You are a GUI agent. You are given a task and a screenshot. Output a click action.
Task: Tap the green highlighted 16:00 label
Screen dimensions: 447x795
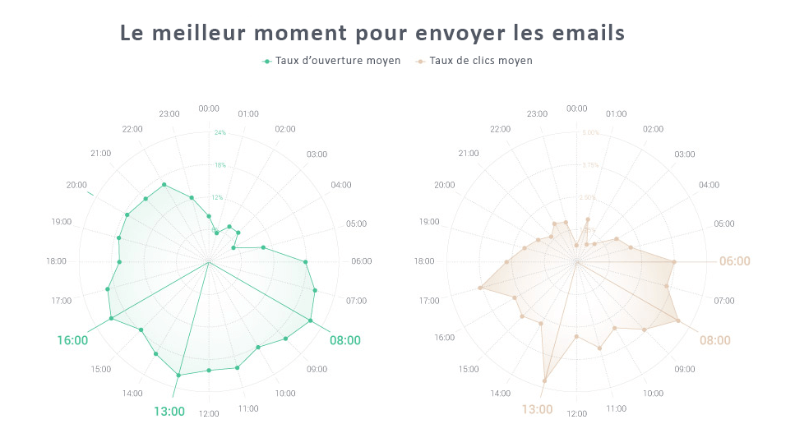[72, 340]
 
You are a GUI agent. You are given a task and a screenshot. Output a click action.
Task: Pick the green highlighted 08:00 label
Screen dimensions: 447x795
[344, 340]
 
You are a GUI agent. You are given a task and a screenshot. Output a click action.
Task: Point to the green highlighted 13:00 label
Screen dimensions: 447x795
[169, 411]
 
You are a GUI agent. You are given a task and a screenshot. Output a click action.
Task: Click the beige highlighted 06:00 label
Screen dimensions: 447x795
[734, 261]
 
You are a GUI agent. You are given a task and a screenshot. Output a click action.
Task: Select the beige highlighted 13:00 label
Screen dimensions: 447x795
[537, 409]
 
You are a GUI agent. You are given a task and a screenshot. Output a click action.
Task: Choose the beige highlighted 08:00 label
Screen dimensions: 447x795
[715, 340]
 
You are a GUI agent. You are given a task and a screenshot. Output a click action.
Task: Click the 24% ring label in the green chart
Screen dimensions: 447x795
[220, 132]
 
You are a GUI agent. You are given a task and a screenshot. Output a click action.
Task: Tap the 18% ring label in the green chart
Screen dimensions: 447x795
[220, 165]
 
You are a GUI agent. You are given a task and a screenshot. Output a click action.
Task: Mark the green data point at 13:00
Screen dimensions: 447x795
[178, 375]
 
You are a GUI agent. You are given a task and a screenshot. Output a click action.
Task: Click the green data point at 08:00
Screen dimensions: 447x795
[311, 321]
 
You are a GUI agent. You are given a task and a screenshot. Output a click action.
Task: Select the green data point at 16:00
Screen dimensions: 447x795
[111, 318]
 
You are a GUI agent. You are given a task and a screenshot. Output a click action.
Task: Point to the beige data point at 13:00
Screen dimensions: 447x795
[545, 380]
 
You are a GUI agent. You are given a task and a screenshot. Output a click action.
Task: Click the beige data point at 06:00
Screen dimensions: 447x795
[674, 261]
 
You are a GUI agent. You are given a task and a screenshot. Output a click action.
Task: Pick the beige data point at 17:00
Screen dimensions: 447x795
[480, 288]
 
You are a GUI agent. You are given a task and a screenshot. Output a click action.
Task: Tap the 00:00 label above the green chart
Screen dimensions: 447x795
[209, 108]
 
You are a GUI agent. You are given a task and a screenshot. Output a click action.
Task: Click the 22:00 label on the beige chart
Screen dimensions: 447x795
[500, 129]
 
